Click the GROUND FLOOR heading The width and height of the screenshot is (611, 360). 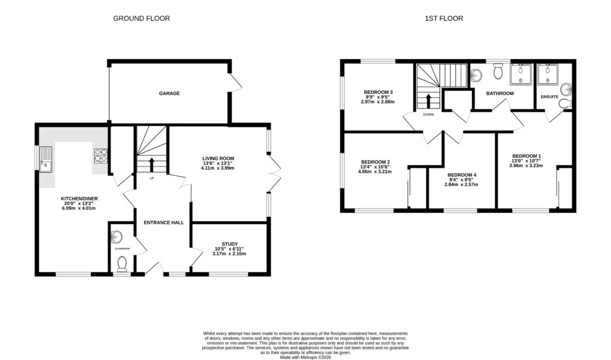coord(141,19)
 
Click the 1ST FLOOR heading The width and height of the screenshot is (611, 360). coord(443,19)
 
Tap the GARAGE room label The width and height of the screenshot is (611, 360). coord(169,93)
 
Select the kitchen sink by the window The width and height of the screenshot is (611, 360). coord(45,158)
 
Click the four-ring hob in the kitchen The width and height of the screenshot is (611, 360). coord(98,156)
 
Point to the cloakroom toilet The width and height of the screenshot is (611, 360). coord(122,263)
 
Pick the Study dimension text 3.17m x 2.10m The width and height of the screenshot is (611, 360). coord(229,254)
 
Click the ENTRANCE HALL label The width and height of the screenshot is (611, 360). coord(163,223)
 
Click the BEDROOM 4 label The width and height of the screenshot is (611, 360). coord(462,174)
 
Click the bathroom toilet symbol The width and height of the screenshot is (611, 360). coord(498,73)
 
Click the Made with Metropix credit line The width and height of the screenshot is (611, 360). coord(305,356)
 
